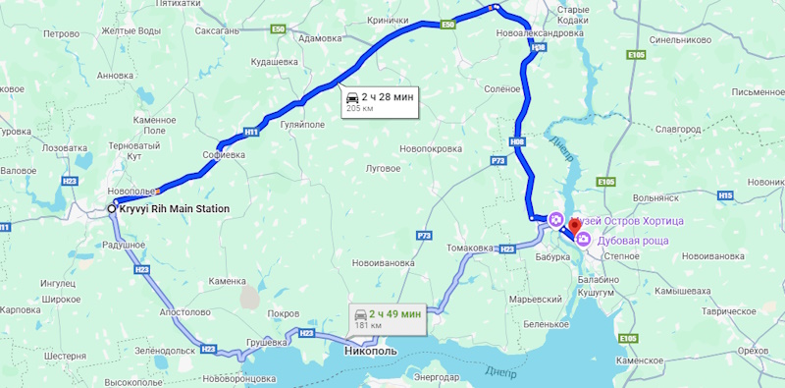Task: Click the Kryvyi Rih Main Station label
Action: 176,209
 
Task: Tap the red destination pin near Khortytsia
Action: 575,226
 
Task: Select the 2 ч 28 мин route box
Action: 380,101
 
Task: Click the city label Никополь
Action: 371,350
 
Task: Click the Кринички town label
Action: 389,20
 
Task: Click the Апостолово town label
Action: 185,311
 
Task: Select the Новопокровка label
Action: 431,148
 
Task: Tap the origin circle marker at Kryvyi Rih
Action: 112,209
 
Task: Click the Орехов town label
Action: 752,350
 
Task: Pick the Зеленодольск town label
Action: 167,350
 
